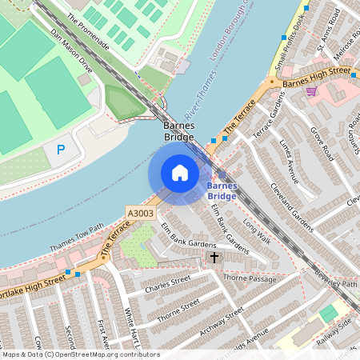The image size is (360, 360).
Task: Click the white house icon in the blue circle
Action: coord(180,173)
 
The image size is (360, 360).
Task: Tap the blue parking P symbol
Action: coord(61,150)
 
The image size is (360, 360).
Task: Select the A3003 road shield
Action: coord(140,214)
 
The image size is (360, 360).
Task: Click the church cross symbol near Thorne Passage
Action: coord(214,258)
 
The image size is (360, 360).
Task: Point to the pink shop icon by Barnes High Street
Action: coord(312,91)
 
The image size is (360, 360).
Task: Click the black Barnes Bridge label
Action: coord(179,132)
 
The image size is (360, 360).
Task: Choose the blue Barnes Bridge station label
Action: coord(222,190)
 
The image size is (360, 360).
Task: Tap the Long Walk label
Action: coord(258,231)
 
